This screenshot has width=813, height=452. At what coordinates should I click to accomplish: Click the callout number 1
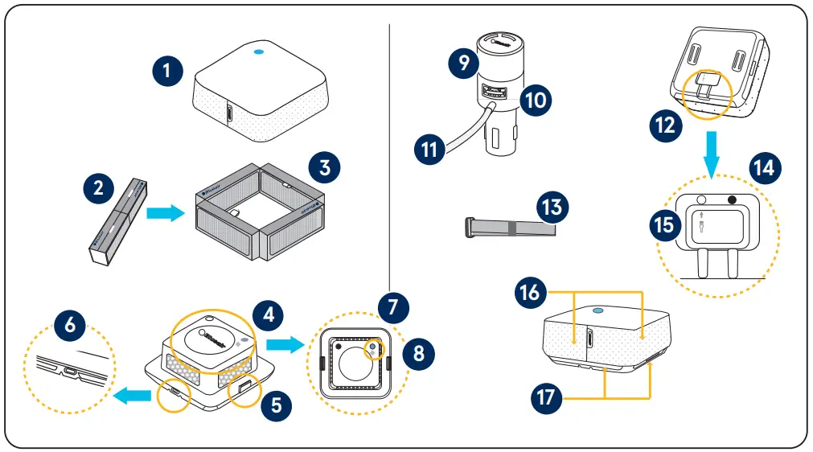coord(167,70)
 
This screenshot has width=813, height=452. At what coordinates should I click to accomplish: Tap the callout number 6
coord(70,324)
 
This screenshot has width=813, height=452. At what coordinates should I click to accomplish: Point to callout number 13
coord(553,208)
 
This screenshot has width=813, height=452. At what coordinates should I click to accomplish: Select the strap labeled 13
coord(510,228)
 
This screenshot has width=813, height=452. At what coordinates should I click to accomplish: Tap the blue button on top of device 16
coord(597,309)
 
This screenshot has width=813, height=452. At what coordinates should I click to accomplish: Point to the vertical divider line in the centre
coord(389,161)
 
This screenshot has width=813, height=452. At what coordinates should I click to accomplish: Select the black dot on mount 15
coord(733,200)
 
